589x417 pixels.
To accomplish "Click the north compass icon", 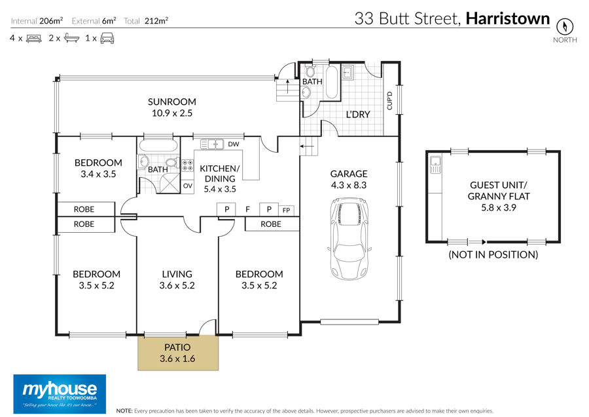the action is point(565,26).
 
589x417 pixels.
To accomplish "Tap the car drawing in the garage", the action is point(349,239).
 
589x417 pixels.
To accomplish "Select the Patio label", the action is point(177,347).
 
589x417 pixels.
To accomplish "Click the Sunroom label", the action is point(171,102).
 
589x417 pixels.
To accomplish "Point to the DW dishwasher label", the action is point(233,144).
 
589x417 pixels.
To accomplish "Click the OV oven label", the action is point(187,186).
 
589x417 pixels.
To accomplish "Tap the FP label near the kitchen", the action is point(286,210).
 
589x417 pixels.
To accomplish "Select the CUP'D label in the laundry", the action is point(389,101).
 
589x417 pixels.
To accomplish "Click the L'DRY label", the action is point(358,114).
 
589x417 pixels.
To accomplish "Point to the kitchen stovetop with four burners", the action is point(187,166).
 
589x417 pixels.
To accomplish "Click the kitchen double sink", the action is point(211,144).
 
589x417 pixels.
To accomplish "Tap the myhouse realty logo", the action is point(60,394).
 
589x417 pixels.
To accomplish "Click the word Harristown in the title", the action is point(507,18).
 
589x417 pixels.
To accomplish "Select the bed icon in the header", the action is point(34,39).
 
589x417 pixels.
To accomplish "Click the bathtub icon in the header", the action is point(72,38).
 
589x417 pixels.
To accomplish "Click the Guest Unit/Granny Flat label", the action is point(499,190).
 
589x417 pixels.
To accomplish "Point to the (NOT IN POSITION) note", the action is point(493,254).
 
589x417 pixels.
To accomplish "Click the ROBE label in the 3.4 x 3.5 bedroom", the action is point(84,209).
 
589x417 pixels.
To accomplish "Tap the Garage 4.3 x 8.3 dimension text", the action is point(349,185).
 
